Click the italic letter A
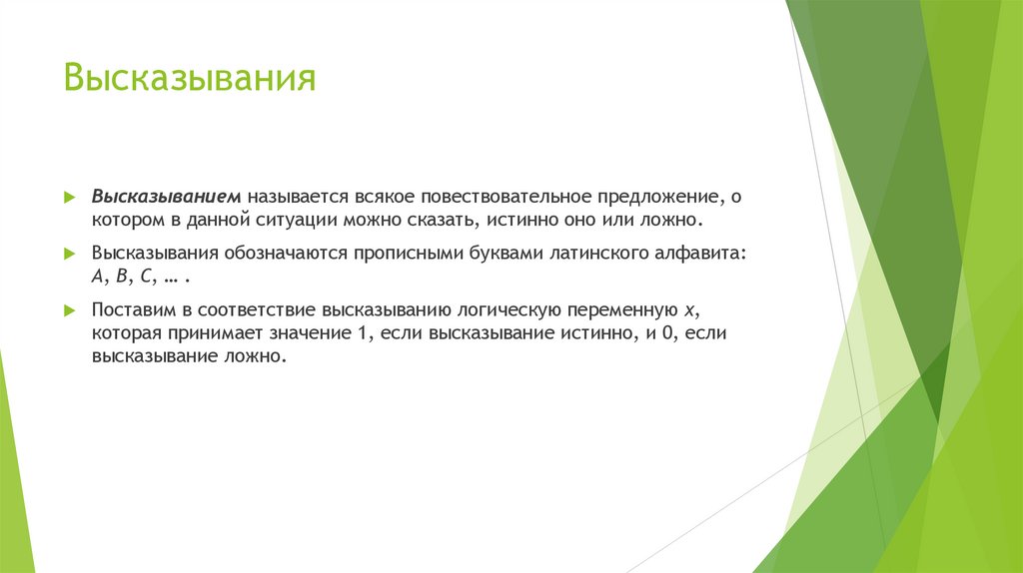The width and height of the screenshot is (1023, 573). (98, 277)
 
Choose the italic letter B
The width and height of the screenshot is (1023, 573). (121, 277)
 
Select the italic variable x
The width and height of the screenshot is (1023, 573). (688, 311)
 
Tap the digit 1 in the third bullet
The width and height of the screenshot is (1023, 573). (362, 334)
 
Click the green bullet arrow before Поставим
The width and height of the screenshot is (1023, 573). (69, 311)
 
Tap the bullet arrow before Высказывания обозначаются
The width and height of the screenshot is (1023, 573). (69, 254)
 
